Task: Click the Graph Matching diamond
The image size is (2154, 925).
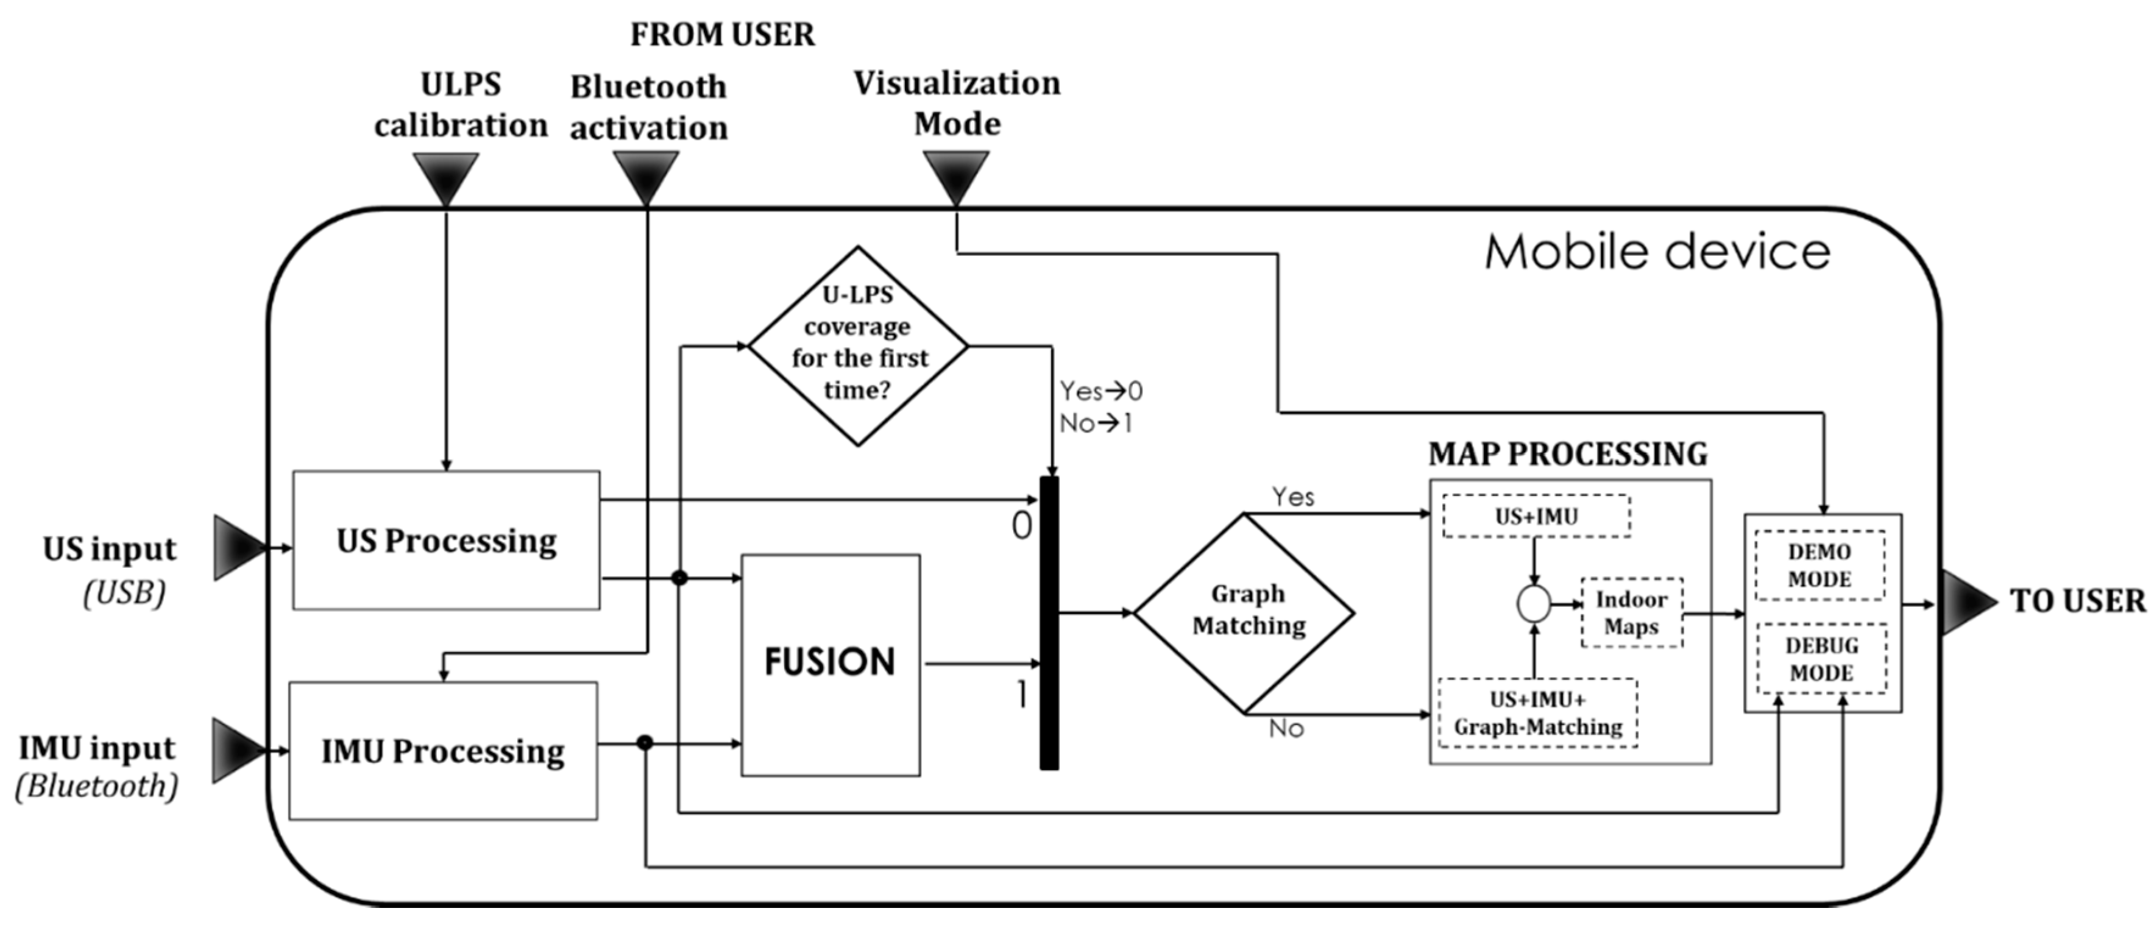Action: point(1244,612)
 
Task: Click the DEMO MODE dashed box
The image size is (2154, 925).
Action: point(1819,565)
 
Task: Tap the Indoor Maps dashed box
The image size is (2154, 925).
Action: point(1631,612)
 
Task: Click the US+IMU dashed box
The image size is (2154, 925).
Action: point(1536,516)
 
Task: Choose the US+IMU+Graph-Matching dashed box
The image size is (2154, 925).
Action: point(1537,712)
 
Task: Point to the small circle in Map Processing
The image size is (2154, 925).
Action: point(1534,604)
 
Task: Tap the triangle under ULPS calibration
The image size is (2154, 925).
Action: point(445,175)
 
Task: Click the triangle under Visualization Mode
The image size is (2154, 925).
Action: point(956,175)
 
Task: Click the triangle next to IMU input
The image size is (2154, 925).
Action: point(236,750)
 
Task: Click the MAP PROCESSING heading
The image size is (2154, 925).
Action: point(1568,453)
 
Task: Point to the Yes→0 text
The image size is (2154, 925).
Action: point(1100,391)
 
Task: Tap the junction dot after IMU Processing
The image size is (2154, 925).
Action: point(644,743)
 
